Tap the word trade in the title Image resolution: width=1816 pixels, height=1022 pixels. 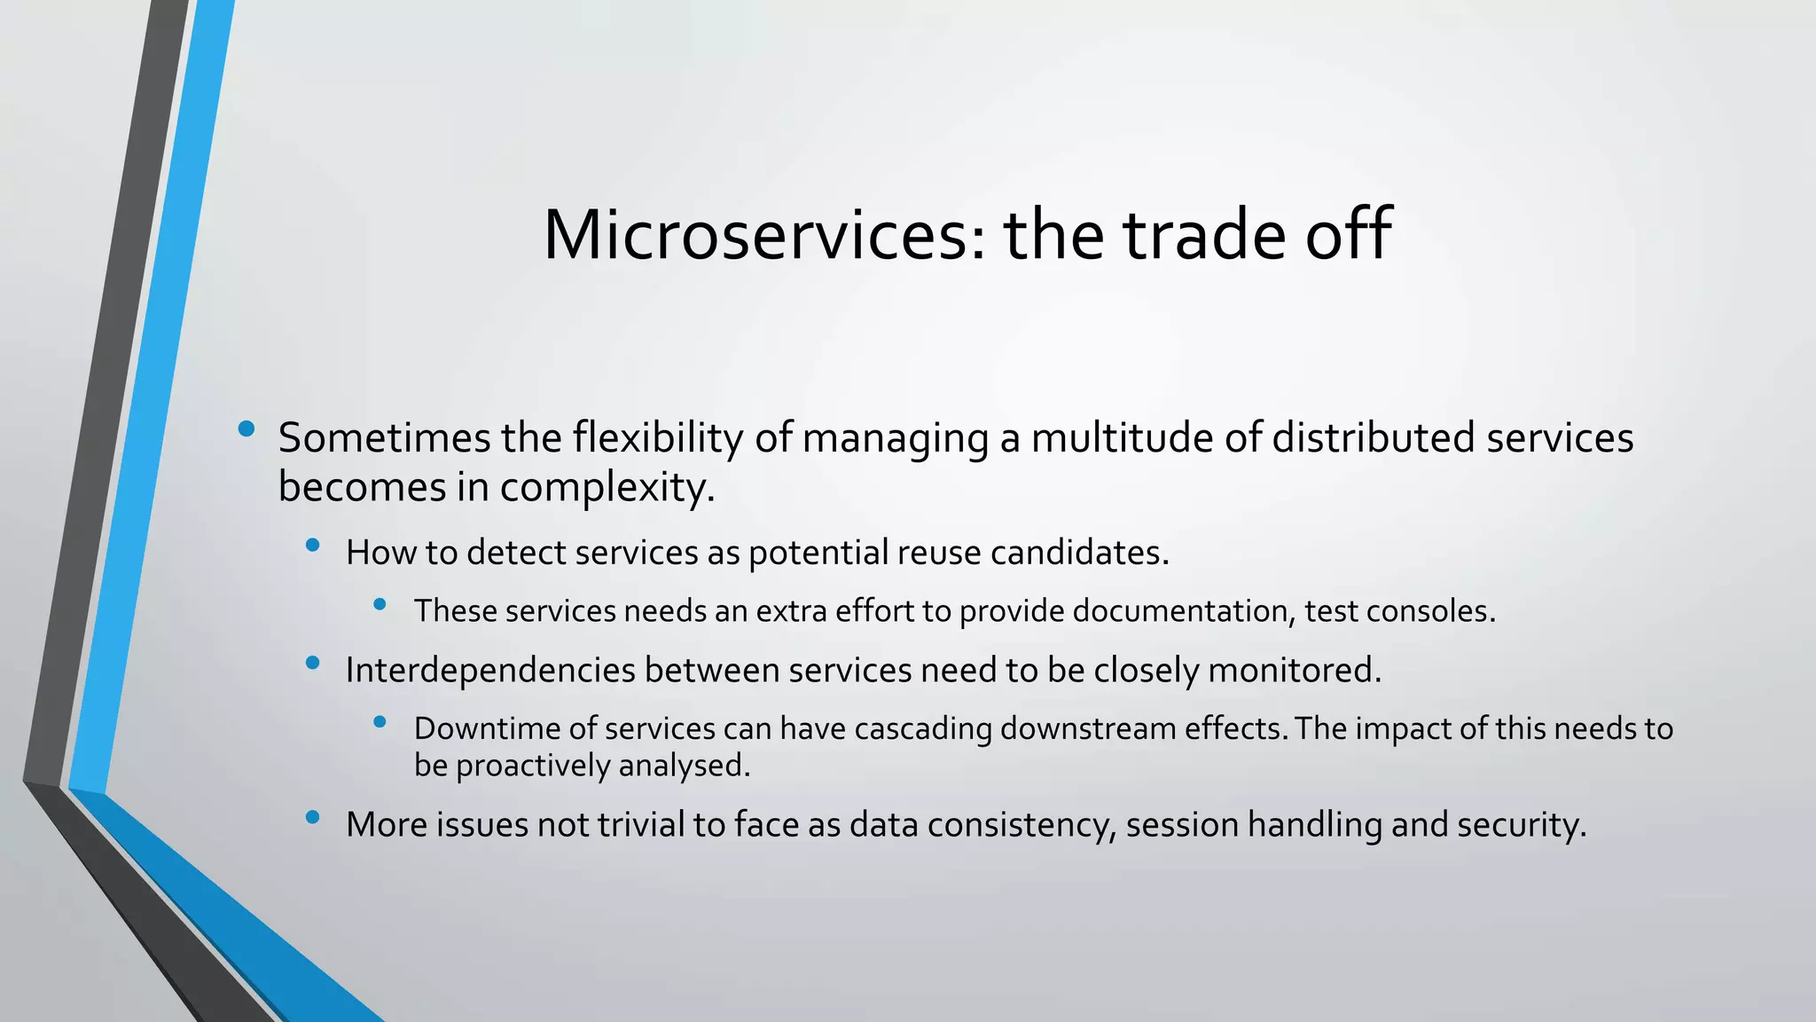(1202, 235)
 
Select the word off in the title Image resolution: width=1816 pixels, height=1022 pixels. (1348, 235)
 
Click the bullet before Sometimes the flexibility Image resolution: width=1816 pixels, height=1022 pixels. (247, 430)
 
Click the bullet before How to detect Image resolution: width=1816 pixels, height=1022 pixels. (312, 546)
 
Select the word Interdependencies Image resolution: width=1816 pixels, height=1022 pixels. (490, 671)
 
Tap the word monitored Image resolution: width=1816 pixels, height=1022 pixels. (1294, 671)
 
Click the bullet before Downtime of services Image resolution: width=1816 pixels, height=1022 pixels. (380, 722)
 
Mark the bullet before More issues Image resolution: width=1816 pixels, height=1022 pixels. (312, 818)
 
